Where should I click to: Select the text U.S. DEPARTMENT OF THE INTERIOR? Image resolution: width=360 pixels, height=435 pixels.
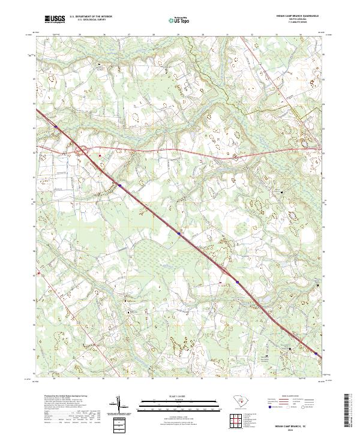click(91, 17)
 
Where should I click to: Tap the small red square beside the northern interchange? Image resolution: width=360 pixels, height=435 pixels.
click(100, 155)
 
